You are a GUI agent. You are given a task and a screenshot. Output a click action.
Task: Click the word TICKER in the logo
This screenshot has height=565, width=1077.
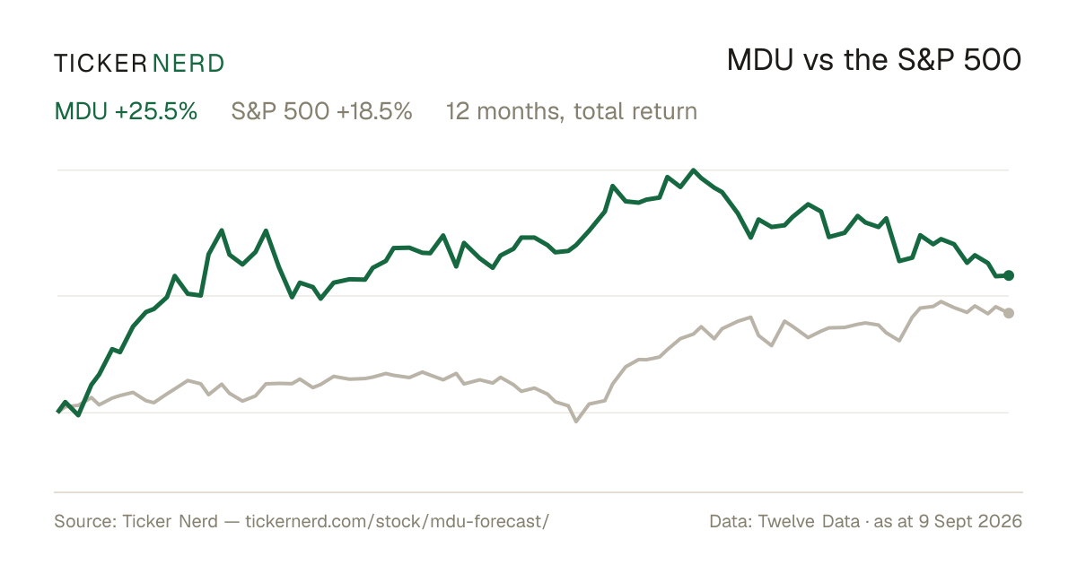tap(100, 64)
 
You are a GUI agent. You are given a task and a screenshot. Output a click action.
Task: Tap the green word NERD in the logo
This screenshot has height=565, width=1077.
tap(188, 64)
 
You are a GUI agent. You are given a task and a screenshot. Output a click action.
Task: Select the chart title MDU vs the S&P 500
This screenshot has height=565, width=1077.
tap(873, 60)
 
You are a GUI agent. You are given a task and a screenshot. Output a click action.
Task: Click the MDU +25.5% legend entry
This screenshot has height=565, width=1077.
tap(126, 111)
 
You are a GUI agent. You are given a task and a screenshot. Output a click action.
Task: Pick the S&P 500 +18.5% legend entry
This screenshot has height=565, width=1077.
tap(321, 111)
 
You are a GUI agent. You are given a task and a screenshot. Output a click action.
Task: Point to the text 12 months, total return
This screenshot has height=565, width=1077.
tap(571, 111)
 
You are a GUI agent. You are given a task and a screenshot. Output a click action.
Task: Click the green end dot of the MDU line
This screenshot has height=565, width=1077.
tap(1009, 275)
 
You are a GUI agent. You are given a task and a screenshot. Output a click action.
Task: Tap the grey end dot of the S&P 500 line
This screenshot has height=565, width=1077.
tap(1009, 313)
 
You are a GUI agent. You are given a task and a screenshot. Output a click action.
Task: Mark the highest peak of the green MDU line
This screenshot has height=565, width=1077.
tap(693, 170)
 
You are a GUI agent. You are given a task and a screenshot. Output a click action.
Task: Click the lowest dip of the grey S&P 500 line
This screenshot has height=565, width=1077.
tap(576, 421)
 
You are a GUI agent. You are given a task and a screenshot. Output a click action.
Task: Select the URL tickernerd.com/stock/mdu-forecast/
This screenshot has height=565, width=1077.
tap(397, 521)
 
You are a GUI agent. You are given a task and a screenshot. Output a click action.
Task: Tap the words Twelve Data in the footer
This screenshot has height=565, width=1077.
tap(809, 521)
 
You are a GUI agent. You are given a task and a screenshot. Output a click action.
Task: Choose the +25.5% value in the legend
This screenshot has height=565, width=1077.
tap(156, 111)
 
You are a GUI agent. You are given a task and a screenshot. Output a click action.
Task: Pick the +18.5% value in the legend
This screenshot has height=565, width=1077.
tap(374, 111)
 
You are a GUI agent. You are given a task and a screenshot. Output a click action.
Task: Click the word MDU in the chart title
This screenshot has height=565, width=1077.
tap(759, 60)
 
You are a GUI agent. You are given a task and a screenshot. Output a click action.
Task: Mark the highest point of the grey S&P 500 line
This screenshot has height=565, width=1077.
tap(941, 301)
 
